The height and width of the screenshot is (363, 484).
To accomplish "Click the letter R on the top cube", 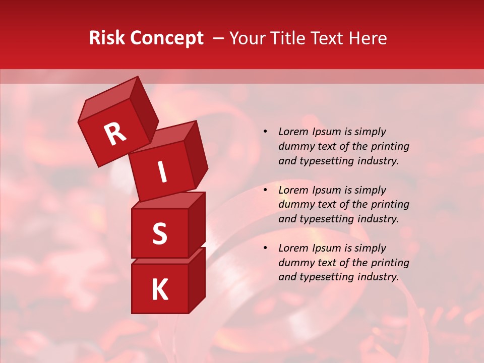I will point(115,134).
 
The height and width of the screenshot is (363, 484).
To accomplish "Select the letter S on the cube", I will point(159,233).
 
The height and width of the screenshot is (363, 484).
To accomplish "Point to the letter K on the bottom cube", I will point(159,289).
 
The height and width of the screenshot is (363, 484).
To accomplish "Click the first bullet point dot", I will point(266,132).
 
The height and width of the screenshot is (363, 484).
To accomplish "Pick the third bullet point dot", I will point(266,249).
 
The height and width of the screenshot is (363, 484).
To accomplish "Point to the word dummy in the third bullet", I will point(293,263).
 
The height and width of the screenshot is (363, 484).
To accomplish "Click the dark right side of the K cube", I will point(197,282).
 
